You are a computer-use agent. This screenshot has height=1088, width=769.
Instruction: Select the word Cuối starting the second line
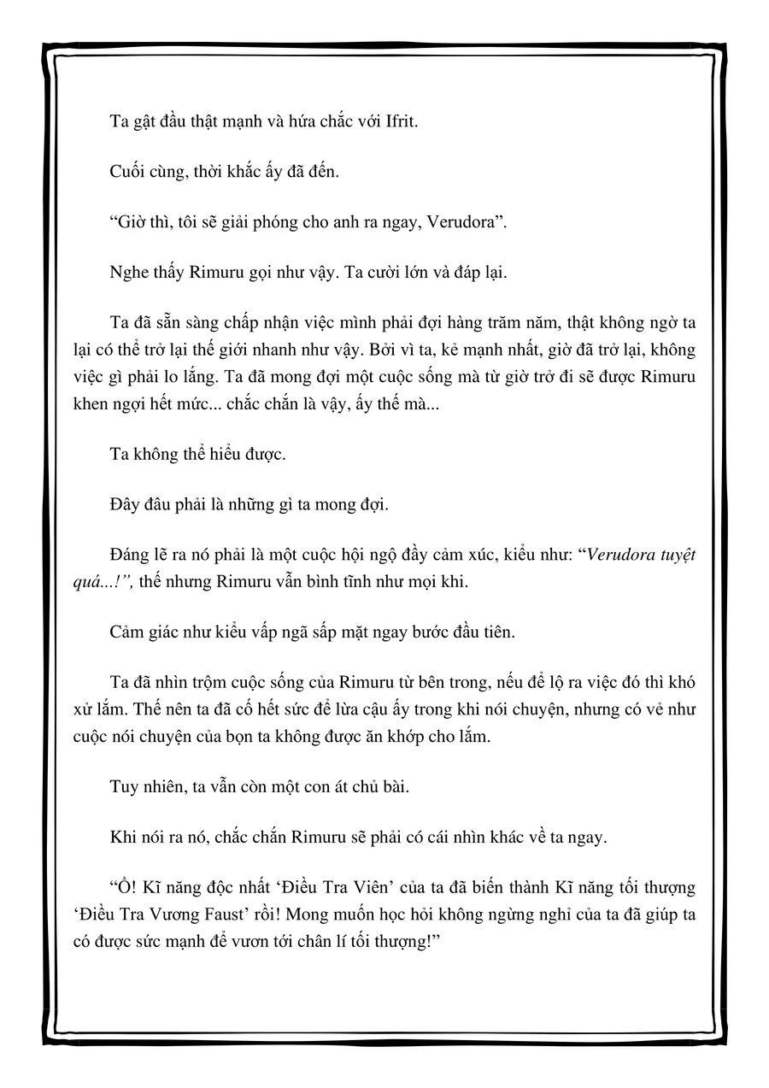127,172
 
